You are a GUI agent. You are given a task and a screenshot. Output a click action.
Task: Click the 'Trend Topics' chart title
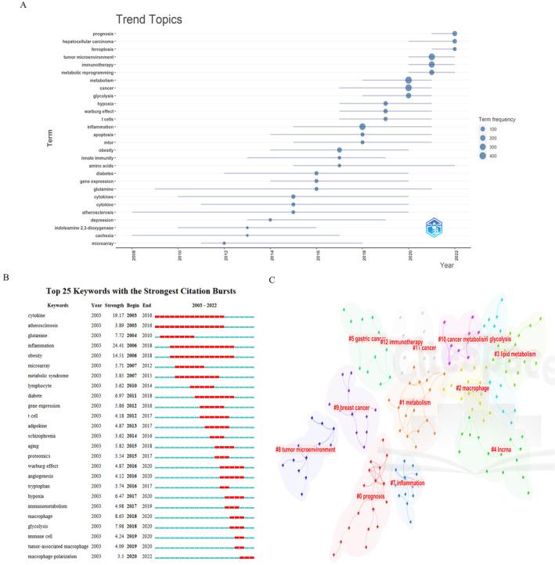point(150,19)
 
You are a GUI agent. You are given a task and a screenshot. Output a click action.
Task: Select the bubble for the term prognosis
point(455,34)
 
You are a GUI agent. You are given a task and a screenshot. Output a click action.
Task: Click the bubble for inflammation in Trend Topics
point(362,127)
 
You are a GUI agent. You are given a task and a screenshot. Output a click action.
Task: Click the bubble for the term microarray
point(225,243)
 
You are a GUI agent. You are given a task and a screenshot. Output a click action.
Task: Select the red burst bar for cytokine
point(189,315)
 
